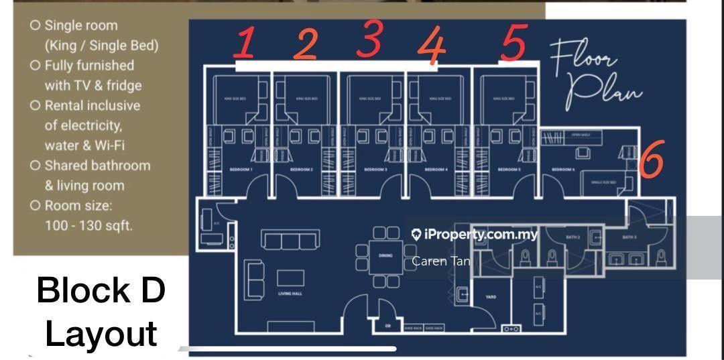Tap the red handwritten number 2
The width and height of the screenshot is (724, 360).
click(306, 44)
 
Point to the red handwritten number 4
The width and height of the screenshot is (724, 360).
click(432, 46)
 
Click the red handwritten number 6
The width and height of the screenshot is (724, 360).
click(651, 161)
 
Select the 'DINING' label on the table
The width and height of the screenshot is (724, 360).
click(385, 255)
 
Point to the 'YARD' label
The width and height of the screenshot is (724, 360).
click(491, 296)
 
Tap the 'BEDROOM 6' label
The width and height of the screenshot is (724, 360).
click(562, 170)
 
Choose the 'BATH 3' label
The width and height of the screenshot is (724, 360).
click(629, 237)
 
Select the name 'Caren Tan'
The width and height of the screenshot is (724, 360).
click(440, 261)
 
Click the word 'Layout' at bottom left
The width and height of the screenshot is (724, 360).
click(101, 333)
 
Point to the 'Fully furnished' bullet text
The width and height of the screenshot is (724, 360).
click(88, 66)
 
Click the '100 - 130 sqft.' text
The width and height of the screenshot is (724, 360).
click(88, 225)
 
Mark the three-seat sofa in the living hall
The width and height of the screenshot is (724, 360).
click(281, 241)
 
